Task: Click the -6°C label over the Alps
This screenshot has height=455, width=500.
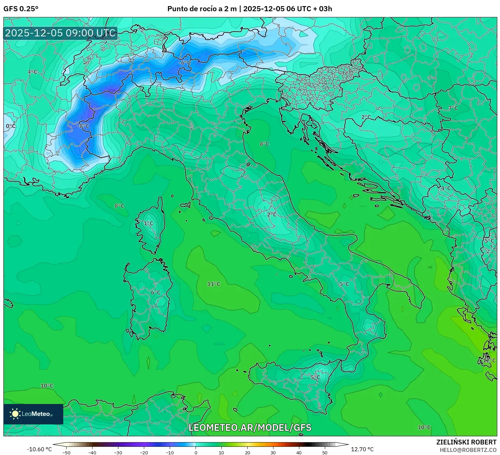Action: coord(185,63)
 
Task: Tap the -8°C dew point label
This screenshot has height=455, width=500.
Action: coord(83,126)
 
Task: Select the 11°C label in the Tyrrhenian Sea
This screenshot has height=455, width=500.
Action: coord(214,284)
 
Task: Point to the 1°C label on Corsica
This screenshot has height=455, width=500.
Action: coord(148,223)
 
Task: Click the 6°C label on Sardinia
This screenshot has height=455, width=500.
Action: coord(155,292)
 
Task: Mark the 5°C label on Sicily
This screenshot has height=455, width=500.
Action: coord(315,377)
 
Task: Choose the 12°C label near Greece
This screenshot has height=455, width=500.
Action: coord(489,360)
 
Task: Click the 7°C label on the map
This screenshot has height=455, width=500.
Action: coord(453,108)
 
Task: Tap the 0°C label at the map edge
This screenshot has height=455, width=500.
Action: coord(11,126)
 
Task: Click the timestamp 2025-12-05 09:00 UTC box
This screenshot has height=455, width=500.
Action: coord(60,33)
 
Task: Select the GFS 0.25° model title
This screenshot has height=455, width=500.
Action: coord(21,9)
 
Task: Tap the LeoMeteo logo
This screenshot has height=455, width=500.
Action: coord(33,414)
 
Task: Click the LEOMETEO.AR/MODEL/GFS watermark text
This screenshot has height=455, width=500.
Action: coord(250,427)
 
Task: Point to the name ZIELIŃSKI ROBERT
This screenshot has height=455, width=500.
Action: coord(466,442)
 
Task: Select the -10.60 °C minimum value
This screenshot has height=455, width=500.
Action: coord(39,449)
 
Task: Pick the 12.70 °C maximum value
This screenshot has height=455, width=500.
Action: coord(362,449)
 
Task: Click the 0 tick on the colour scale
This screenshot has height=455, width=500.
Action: coord(196,452)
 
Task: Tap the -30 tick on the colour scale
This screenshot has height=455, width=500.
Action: coord(118,452)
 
